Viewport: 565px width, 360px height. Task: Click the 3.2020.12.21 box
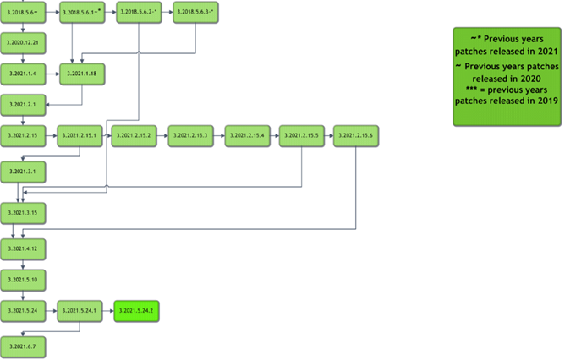pos(23,41)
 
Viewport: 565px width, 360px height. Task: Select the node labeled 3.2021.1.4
pos(23,74)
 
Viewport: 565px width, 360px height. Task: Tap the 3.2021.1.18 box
pos(81,74)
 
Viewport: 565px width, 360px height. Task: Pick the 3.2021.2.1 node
pos(23,105)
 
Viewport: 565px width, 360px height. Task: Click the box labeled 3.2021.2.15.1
pos(80,136)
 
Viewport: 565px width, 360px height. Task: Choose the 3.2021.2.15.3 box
pos(190,136)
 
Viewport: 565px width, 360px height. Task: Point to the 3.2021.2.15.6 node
pos(355,136)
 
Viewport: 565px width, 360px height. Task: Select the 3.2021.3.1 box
pos(23,172)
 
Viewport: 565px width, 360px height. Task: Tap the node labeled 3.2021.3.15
pos(23,211)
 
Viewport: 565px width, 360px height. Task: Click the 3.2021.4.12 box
pos(23,249)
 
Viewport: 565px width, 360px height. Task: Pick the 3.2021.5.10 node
pos(23,280)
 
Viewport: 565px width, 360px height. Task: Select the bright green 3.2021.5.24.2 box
pos(136,311)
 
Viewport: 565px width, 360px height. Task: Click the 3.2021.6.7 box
pos(23,346)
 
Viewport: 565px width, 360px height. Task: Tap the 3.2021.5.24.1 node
pos(80,311)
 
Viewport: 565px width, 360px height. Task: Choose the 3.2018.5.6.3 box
pos(195,13)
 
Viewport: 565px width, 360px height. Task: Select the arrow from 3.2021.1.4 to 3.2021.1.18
pos(52,74)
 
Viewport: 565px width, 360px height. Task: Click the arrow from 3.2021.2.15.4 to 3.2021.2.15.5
pos(274,136)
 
